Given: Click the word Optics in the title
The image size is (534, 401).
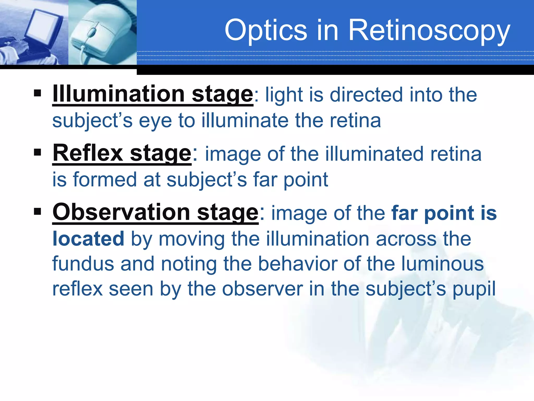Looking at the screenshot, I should [266, 31].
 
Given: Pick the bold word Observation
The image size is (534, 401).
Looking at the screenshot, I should [121, 212].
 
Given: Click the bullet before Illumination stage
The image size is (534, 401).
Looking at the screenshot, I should [38, 93].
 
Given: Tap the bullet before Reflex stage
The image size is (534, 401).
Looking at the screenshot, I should [38, 152].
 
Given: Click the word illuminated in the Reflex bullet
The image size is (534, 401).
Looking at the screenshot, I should [374, 154].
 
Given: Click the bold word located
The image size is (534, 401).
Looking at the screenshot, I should [88, 239].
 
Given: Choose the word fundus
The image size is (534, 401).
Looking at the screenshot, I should [83, 264].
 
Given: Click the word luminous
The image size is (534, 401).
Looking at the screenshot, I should [442, 264].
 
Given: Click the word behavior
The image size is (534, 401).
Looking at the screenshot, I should [298, 264].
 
